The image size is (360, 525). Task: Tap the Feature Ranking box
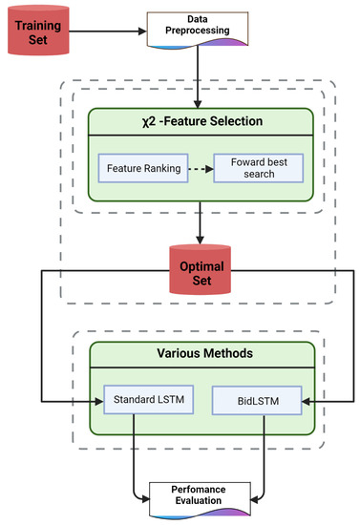point(138,167)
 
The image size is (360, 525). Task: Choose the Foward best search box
point(257,167)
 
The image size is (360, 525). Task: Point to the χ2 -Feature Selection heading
point(200,122)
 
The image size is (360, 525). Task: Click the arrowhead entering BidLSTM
point(306,402)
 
